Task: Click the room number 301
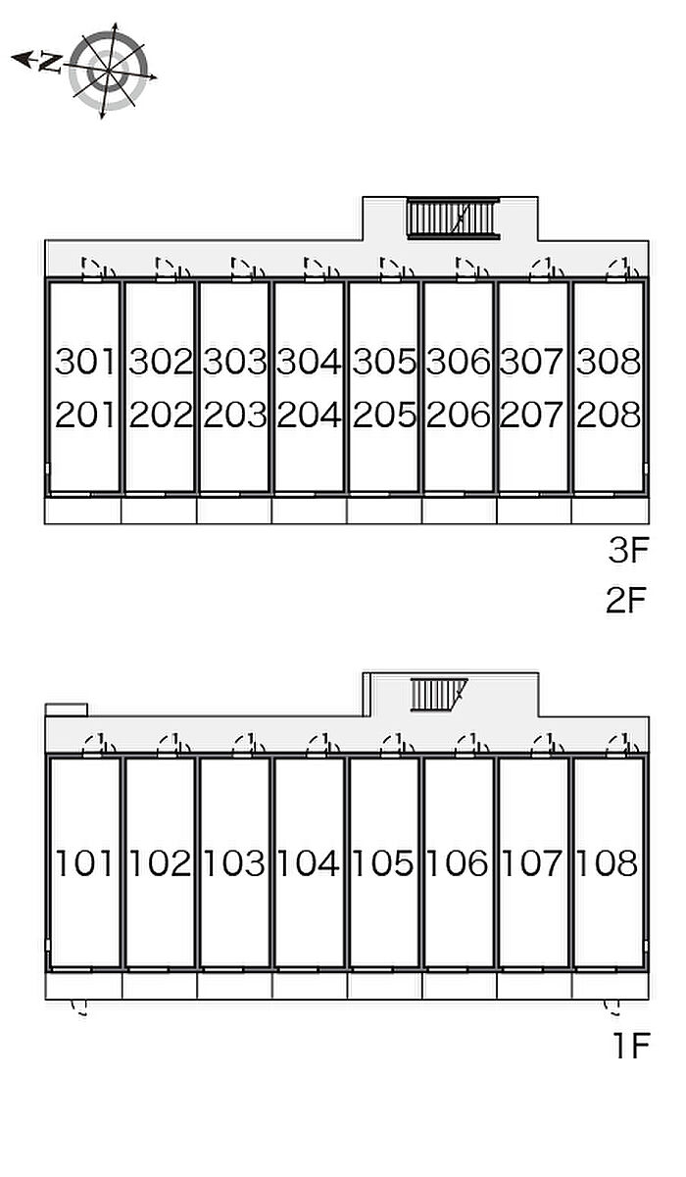[x=84, y=362]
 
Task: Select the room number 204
[x=310, y=415]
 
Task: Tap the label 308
[x=609, y=362]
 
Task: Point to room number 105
[x=382, y=862]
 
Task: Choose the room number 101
[x=84, y=862]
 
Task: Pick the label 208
[x=609, y=415]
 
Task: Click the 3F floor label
[x=628, y=550]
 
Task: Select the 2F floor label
[x=625, y=600]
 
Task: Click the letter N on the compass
[x=50, y=63]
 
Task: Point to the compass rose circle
[x=108, y=71]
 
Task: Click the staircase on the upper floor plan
[x=454, y=218]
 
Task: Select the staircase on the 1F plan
[x=438, y=695]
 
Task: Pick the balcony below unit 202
[x=159, y=511]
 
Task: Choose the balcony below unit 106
[x=459, y=986]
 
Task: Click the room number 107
[x=532, y=862]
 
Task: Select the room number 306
[x=458, y=362]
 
